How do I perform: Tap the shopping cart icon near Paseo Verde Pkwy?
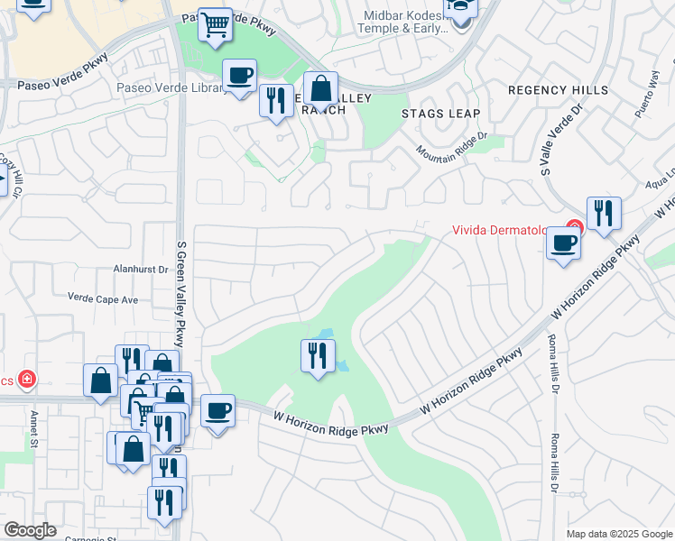tap(216, 26)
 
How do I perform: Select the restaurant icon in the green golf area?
tap(318, 355)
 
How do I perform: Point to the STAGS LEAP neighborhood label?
tap(441, 114)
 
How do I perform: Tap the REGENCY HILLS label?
tap(557, 90)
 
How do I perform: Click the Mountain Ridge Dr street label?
tap(452, 143)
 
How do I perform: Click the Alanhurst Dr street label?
tap(141, 269)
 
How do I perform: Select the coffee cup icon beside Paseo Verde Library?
tap(239, 75)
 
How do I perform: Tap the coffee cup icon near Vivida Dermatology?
tap(564, 242)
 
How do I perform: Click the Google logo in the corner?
tap(31, 530)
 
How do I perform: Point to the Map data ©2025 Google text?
tap(618, 534)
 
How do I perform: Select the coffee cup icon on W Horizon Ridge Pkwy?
tap(217, 411)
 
